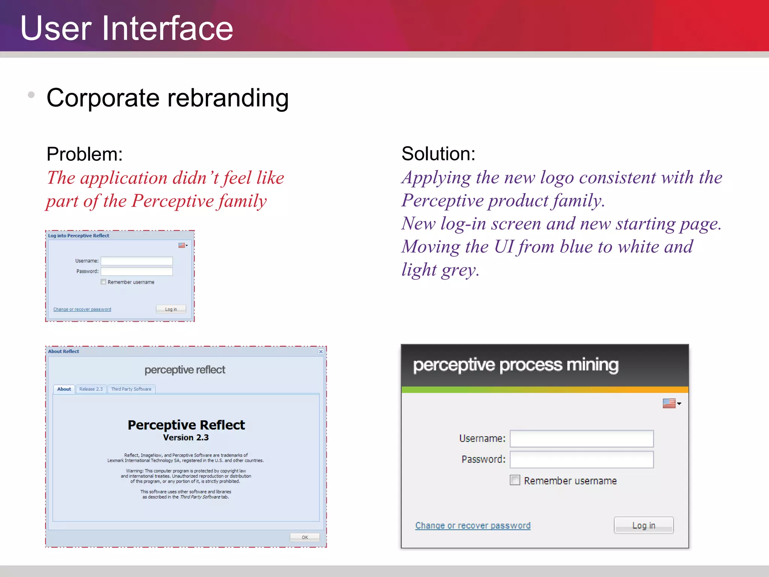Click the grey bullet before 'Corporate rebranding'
pyautogui.click(x=31, y=95)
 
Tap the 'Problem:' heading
pyautogui.click(x=84, y=154)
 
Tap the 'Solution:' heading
pyautogui.click(x=438, y=154)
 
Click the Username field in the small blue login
pyautogui.click(x=137, y=261)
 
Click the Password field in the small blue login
pyautogui.click(x=137, y=271)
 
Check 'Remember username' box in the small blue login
pyautogui.click(x=103, y=282)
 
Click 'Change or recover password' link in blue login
pyautogui.click(x=82, y=309)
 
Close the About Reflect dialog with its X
pyautogui.click(x=321, y=352)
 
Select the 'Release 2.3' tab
pyautogui.click(x=91, y=389)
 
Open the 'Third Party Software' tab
pyautogui.click(x=131, y=389)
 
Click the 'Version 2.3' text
pyautogui.click(x=186, y=438)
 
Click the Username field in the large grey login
pyautogui.click(x=581, y=438)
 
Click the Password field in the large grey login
pyautogui.click(x=581, y=459)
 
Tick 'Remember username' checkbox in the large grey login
pyautogui.click(x=515, y=480)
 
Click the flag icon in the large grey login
pyautogui.click(x=669, y=403)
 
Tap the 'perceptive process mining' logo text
pyautogui.click(x=516, y=365)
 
